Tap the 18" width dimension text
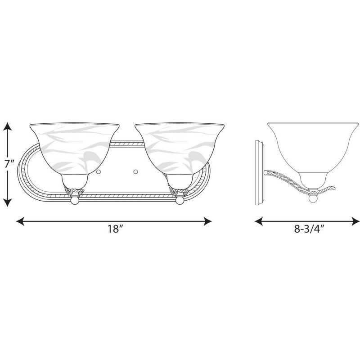tap(115, 229)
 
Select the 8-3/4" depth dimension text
tap(310, 228)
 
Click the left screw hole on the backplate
tap(98, 171)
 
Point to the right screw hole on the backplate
tap(135, 171)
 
